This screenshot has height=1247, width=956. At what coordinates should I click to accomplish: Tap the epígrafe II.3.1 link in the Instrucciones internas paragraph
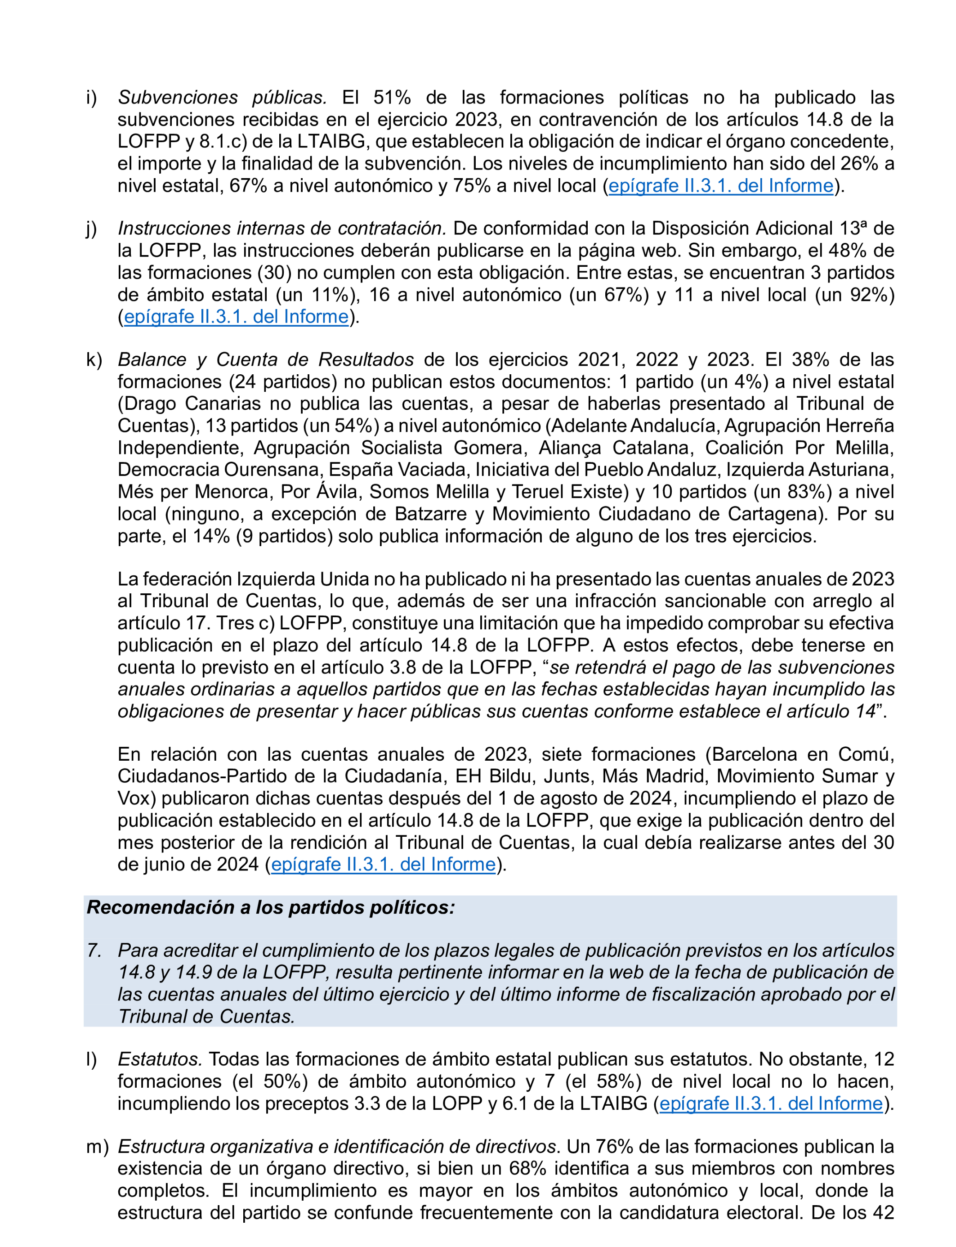(236, 316)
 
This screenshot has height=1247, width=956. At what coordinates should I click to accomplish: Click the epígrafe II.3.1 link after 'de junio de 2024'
(383, 864)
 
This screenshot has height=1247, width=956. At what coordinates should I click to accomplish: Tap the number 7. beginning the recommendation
(94, 951)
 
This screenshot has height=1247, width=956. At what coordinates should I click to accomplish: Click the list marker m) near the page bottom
(97, 1147)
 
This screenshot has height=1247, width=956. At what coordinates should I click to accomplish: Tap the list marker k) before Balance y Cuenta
(94, 360)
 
